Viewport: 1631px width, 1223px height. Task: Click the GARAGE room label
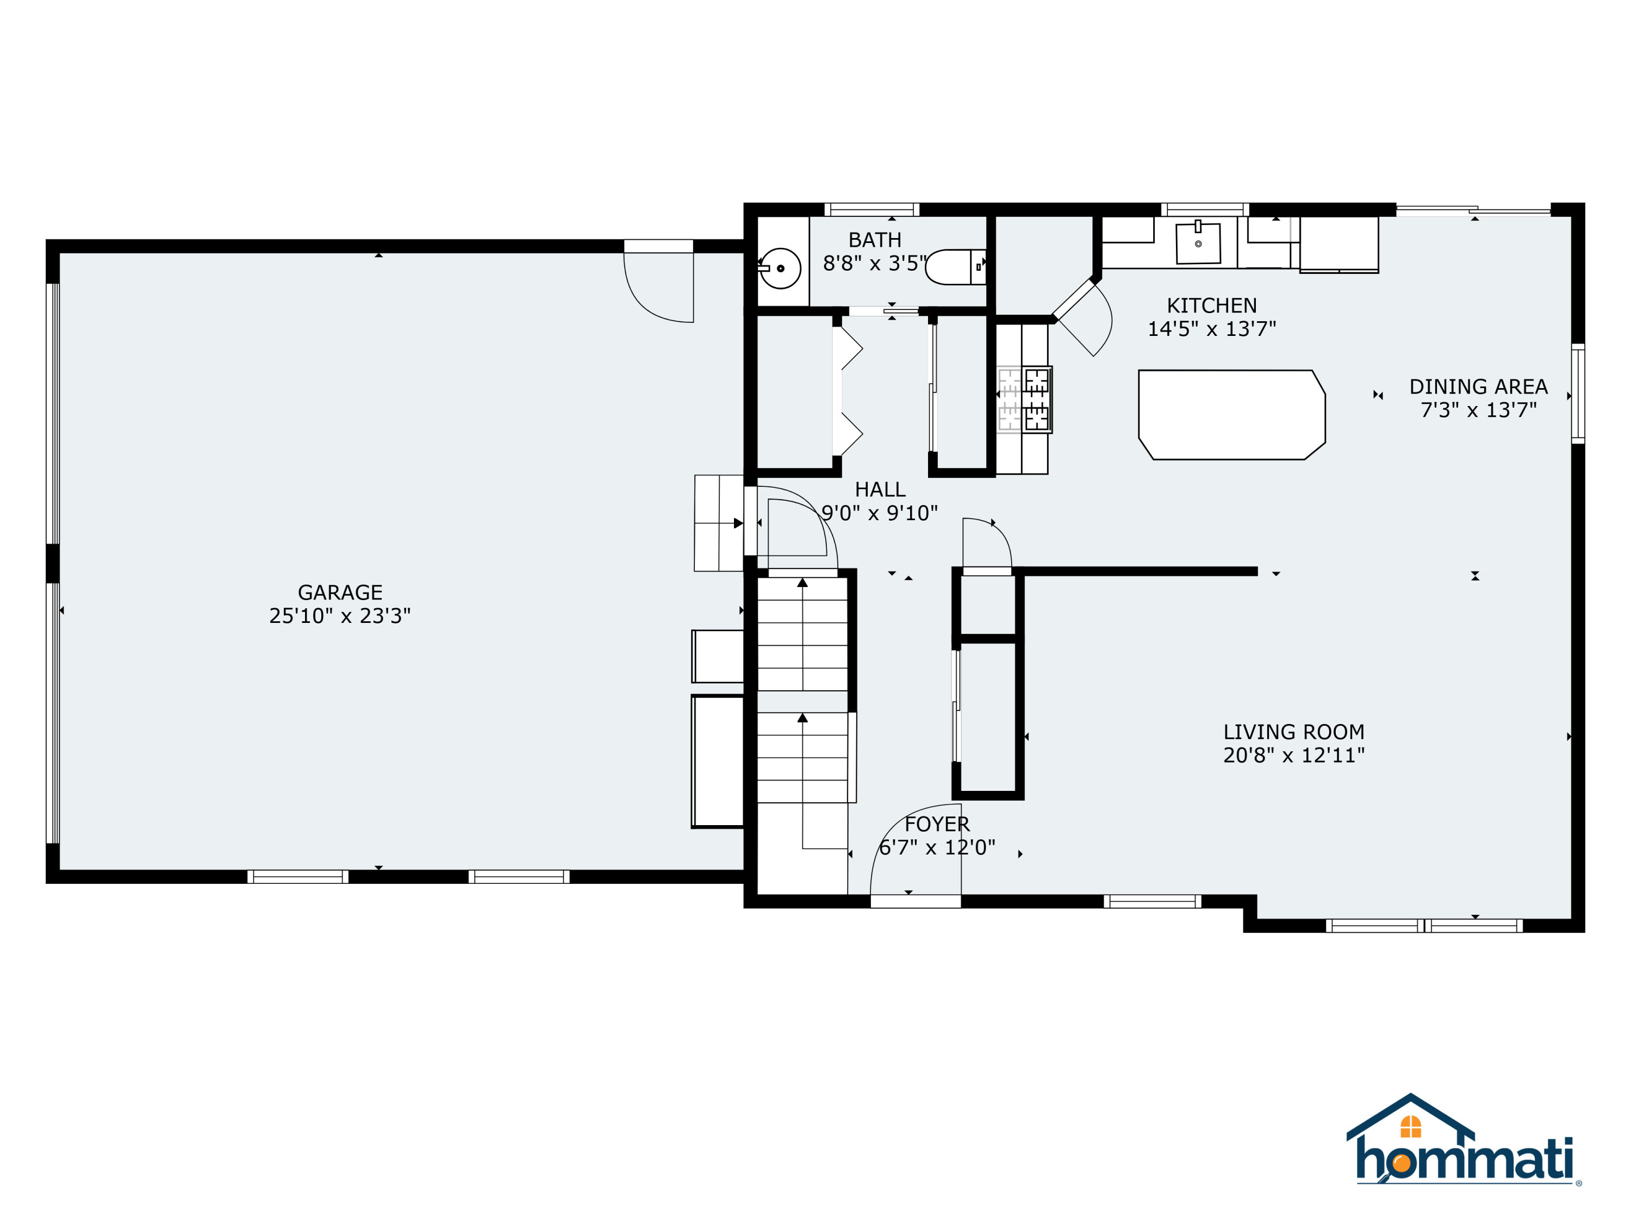(x=340, y=592)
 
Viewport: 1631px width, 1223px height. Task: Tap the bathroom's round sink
(x=780, y=269)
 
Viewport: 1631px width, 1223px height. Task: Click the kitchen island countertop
(x=1231, y=414)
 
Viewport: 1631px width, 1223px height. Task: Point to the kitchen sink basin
(x=1198, y=244)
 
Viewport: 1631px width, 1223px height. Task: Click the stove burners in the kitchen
(x=1036, y=400)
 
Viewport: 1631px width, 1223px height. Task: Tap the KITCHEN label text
(x=1211, y=305)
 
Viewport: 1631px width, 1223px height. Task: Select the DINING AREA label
(x=1478, y=386)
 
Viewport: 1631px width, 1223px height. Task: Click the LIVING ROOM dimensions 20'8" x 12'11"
(x=1294, y=755)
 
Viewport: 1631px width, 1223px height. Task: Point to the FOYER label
(x=937, y=824)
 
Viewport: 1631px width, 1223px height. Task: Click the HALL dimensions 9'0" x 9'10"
(x=880, y=513)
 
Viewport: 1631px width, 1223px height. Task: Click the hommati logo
(x=1463, y=1139)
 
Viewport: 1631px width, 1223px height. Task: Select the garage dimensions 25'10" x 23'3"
(x=340, y=615)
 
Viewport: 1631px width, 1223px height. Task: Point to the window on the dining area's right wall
(x=1578, y=394)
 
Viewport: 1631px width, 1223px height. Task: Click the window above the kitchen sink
(x=1205, y=209)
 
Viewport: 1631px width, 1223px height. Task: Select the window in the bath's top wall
(x=871, y=209)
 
